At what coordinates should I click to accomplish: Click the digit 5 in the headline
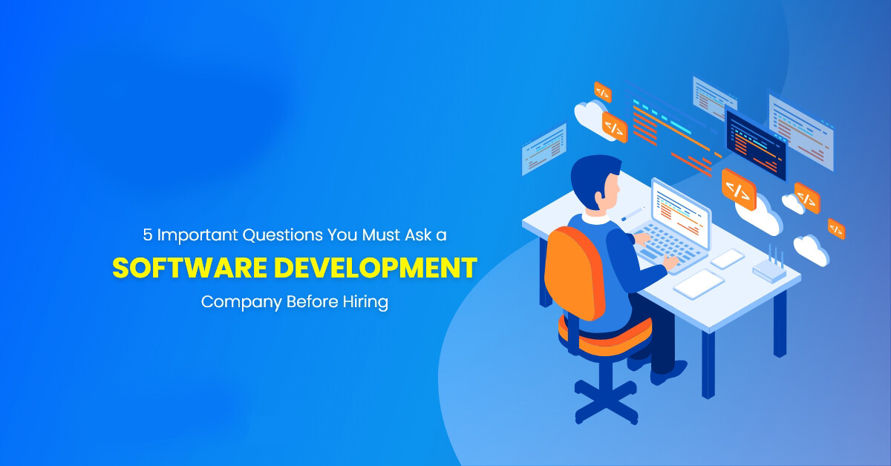pos(148,235)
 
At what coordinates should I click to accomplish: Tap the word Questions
pos(283,235)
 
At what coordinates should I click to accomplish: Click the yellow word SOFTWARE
pos(190,268)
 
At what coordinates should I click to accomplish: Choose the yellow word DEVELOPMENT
pos(376,268)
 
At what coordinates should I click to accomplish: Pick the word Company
pos(241,303)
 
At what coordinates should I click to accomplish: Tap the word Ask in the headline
pos(419,235)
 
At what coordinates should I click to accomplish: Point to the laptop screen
pos(682,213)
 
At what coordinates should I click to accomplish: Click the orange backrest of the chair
pos(574,272)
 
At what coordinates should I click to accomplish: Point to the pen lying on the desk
pos(633,214)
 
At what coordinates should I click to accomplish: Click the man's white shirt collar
pos(595,218)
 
